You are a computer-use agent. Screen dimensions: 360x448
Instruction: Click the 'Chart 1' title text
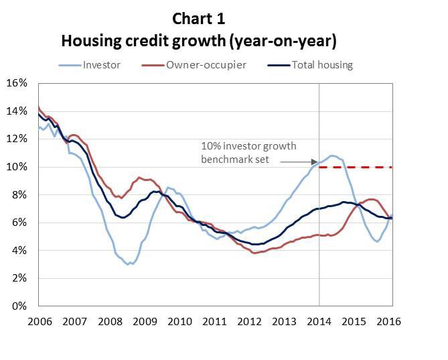(198, 18)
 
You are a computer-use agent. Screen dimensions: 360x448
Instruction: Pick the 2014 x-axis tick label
(319, 321)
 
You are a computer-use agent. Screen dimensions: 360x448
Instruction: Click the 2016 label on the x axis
(389, 321)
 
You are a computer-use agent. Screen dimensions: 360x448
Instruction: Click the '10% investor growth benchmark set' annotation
(248, 152)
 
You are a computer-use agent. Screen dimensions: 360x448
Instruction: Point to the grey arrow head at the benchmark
(314, 162)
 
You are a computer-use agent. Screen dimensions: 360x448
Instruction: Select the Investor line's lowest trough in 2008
(128, 264)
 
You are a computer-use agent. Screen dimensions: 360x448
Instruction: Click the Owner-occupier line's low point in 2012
(254, 253)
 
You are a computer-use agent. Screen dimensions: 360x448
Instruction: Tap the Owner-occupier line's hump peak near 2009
(139, 178)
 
